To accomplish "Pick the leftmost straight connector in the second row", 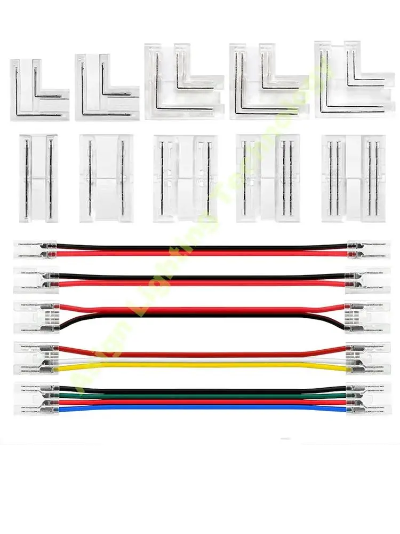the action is click(38, 177).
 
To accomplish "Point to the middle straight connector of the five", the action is click(186, 178).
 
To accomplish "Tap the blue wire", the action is click(203, 407).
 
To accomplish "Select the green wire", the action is click(203, 396).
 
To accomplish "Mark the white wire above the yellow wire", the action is click(203, 361).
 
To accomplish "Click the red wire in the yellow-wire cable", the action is click(203, 354).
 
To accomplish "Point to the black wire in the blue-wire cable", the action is click(203, 390).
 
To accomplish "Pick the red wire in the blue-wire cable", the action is click(203, 402).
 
